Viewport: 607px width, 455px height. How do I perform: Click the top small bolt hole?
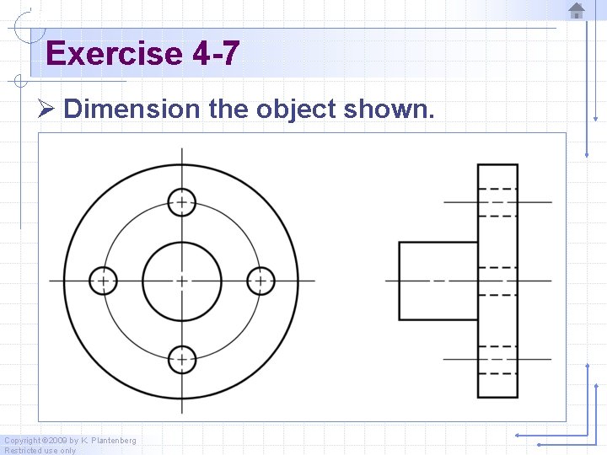[x=181, y=202]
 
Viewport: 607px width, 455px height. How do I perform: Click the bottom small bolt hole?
[x=181, y=360]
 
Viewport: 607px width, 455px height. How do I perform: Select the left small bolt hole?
[x=104, y=281]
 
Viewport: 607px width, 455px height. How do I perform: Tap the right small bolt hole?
[x=261, y=281]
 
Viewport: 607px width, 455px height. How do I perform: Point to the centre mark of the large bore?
[x=181, y=281]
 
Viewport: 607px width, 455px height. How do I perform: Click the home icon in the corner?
[x=577, y=10]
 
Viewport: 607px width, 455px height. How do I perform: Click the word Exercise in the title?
[x=114, y=54]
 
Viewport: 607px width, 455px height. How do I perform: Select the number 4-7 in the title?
[x=216, y=54]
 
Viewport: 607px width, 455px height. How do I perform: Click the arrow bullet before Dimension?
[x=46, y=110]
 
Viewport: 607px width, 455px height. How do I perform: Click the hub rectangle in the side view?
[x=438, y=281]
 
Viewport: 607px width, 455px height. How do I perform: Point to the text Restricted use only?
[x=40, y=451]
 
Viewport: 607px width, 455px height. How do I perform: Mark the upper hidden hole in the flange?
[x=497, y=202]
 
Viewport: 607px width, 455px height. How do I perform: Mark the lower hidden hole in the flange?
[x=497, y=360]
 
